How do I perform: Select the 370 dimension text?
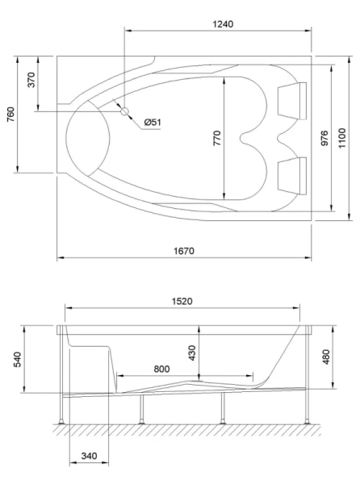[31, 84]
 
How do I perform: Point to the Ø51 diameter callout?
[153, 122]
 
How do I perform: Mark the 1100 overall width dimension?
[341, 137]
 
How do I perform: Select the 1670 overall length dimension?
[185, 251]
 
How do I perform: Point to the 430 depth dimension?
[191, 353]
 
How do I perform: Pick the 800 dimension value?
[162, 369]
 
